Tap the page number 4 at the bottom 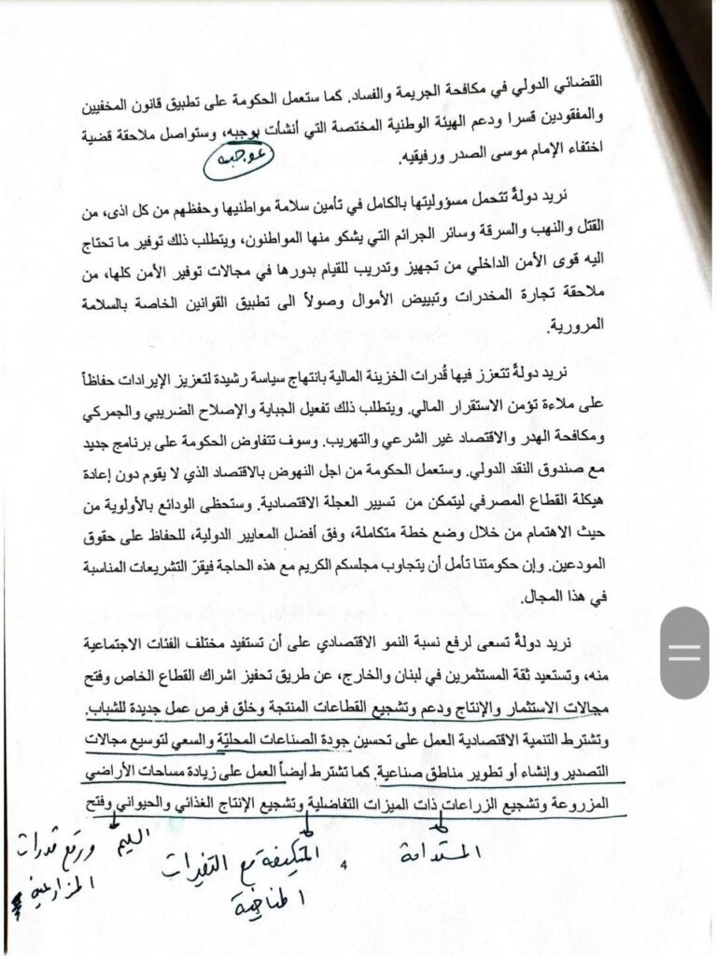344,868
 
